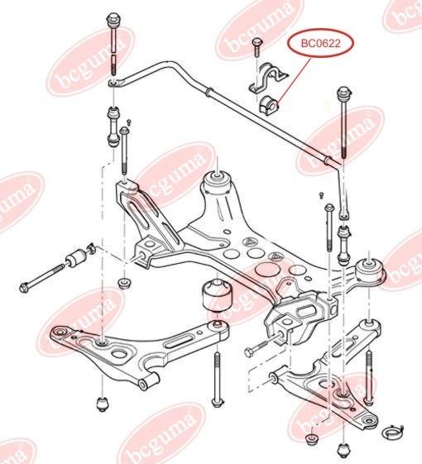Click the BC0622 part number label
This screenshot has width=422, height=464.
(321, 44)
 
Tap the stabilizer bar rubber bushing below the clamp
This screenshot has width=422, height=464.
(268, 104)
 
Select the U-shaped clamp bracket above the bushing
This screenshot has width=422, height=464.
(266, 78)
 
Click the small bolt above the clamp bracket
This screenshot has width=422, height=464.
(257, 47)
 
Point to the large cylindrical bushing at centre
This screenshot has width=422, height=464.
(218, 295)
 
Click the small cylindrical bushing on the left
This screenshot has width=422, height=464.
(76, 258)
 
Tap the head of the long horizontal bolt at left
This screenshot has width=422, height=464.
(24, 287)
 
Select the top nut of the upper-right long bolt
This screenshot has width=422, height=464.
(344, 93)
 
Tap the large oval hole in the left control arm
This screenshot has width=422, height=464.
(119, 354)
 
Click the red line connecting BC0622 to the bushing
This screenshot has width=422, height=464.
(293, 79)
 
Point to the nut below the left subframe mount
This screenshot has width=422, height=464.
(124, 284)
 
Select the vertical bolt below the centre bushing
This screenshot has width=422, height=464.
(218, 380)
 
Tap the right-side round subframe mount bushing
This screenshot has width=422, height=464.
(369, 271)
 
